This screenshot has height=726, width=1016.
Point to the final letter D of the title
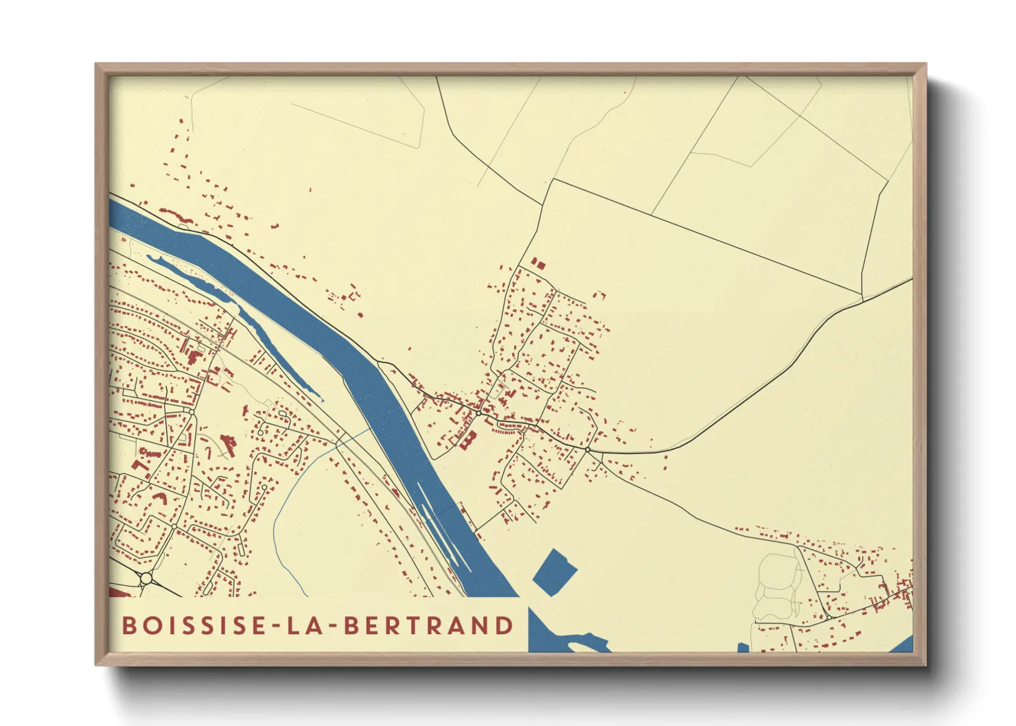click(505, 625)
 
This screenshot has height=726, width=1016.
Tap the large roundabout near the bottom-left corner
click(146, 578)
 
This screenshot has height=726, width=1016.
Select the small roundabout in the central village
click(478, 413)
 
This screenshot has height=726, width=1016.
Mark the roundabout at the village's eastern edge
click(588, 449)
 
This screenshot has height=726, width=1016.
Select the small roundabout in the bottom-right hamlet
click(830, 616)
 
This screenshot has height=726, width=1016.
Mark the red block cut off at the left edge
click(117, 591)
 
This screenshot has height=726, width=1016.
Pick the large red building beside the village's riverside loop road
click(469, 439)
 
